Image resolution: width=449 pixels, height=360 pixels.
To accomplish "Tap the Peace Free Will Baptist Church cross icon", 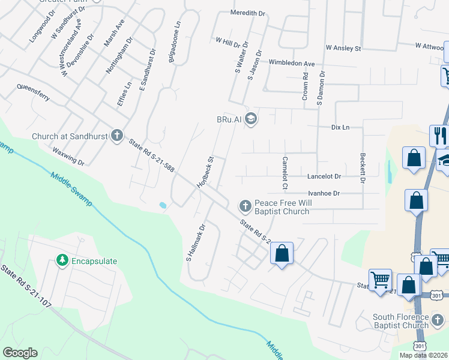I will tap(245, 206).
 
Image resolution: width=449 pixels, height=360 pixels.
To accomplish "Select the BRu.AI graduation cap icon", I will tap(251, 119).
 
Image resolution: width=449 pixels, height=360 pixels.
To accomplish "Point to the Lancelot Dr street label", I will tap(324, 176).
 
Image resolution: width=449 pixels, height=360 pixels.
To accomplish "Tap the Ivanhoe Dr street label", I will tap(324, 193).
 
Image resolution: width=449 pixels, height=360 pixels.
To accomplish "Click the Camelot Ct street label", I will tap(285, 173).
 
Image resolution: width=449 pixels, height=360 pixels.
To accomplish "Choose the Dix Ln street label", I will tap(340, 127).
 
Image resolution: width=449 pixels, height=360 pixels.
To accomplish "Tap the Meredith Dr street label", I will tap(248, 13).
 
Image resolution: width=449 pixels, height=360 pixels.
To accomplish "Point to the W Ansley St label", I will tap(343, 47).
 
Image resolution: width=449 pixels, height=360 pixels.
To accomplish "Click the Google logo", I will tap(20, 353).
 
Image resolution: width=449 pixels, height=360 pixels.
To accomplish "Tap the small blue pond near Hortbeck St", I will tap(163, 205).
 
